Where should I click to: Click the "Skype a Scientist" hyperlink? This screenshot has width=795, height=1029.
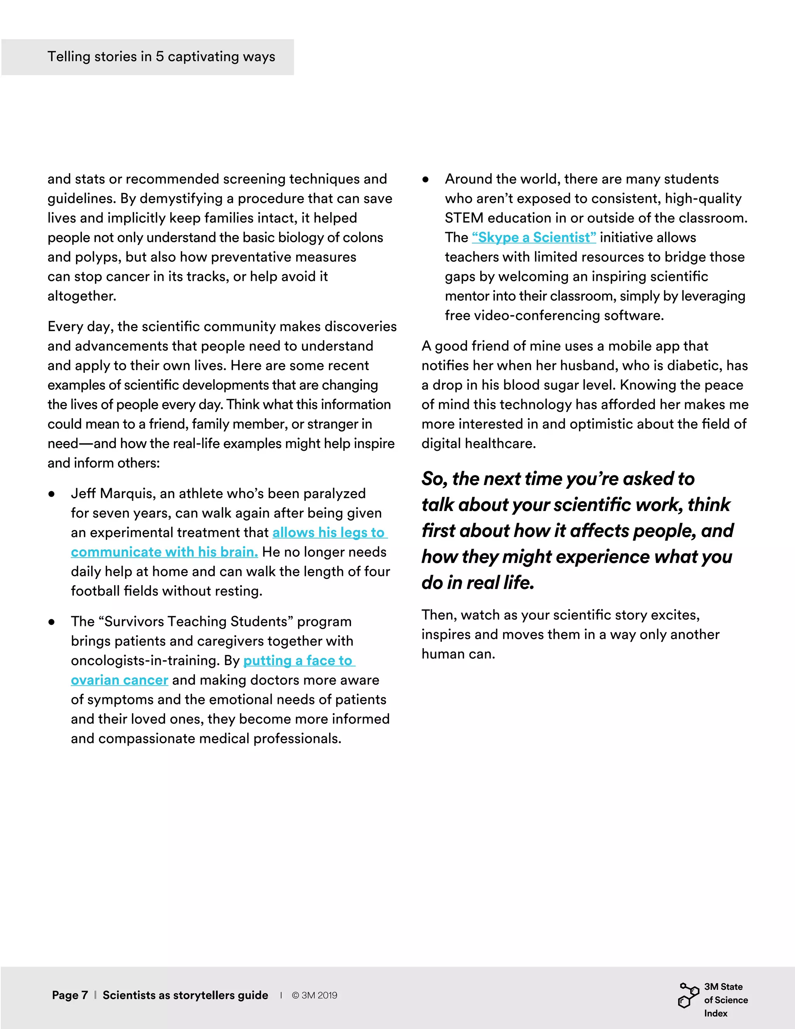click(534, 238)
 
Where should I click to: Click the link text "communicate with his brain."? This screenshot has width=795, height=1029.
click(164, 552)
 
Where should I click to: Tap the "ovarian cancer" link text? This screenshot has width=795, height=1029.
click(120, 680)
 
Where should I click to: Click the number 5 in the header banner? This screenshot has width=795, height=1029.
click(160, 57)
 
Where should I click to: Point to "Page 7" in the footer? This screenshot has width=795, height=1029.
click(70, 995)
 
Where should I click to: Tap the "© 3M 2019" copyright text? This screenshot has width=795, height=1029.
click(314, 995)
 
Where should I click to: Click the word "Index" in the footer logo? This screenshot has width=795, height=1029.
click(715, 1013)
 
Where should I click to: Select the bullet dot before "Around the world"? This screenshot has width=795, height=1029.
click(425, 179)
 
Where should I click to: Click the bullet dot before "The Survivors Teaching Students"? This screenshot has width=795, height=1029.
click(51, 622)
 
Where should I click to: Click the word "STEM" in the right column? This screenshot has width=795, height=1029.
click(464, 218)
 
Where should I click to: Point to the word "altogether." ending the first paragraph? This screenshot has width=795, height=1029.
click(82, 296)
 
